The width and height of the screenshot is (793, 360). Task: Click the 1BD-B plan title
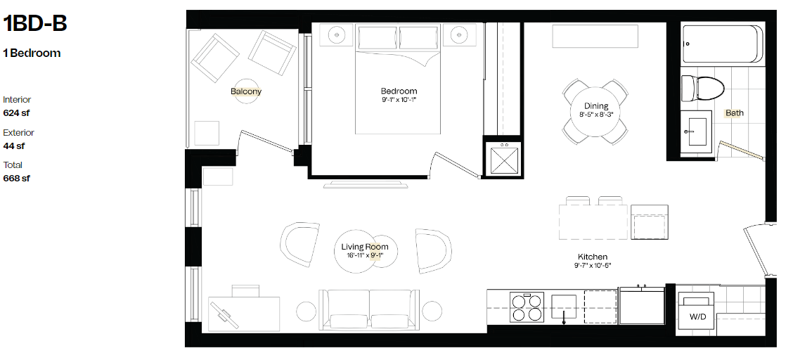coord(35,23)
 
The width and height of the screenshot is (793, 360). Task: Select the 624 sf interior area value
coord(16,112)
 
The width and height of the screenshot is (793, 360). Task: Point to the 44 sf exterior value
coord(13,146)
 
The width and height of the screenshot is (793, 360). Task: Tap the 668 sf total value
coord(16,179)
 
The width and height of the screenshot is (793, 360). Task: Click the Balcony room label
coord(246,91)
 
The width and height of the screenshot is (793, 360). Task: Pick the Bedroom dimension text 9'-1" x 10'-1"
coord(399,100)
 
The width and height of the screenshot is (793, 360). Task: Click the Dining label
coord(596,106)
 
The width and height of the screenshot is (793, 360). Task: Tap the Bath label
coord(735,113)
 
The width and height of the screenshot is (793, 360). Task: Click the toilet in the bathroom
coord(702,87)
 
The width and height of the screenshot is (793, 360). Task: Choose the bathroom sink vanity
coord(696,131)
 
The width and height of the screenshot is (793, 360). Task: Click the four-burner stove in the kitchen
coord(527,307)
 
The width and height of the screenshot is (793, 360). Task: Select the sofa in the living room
coord(370,310)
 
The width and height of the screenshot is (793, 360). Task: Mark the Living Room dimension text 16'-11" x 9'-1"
coord(365,255)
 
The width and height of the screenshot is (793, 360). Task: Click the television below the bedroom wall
coord(366,184)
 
